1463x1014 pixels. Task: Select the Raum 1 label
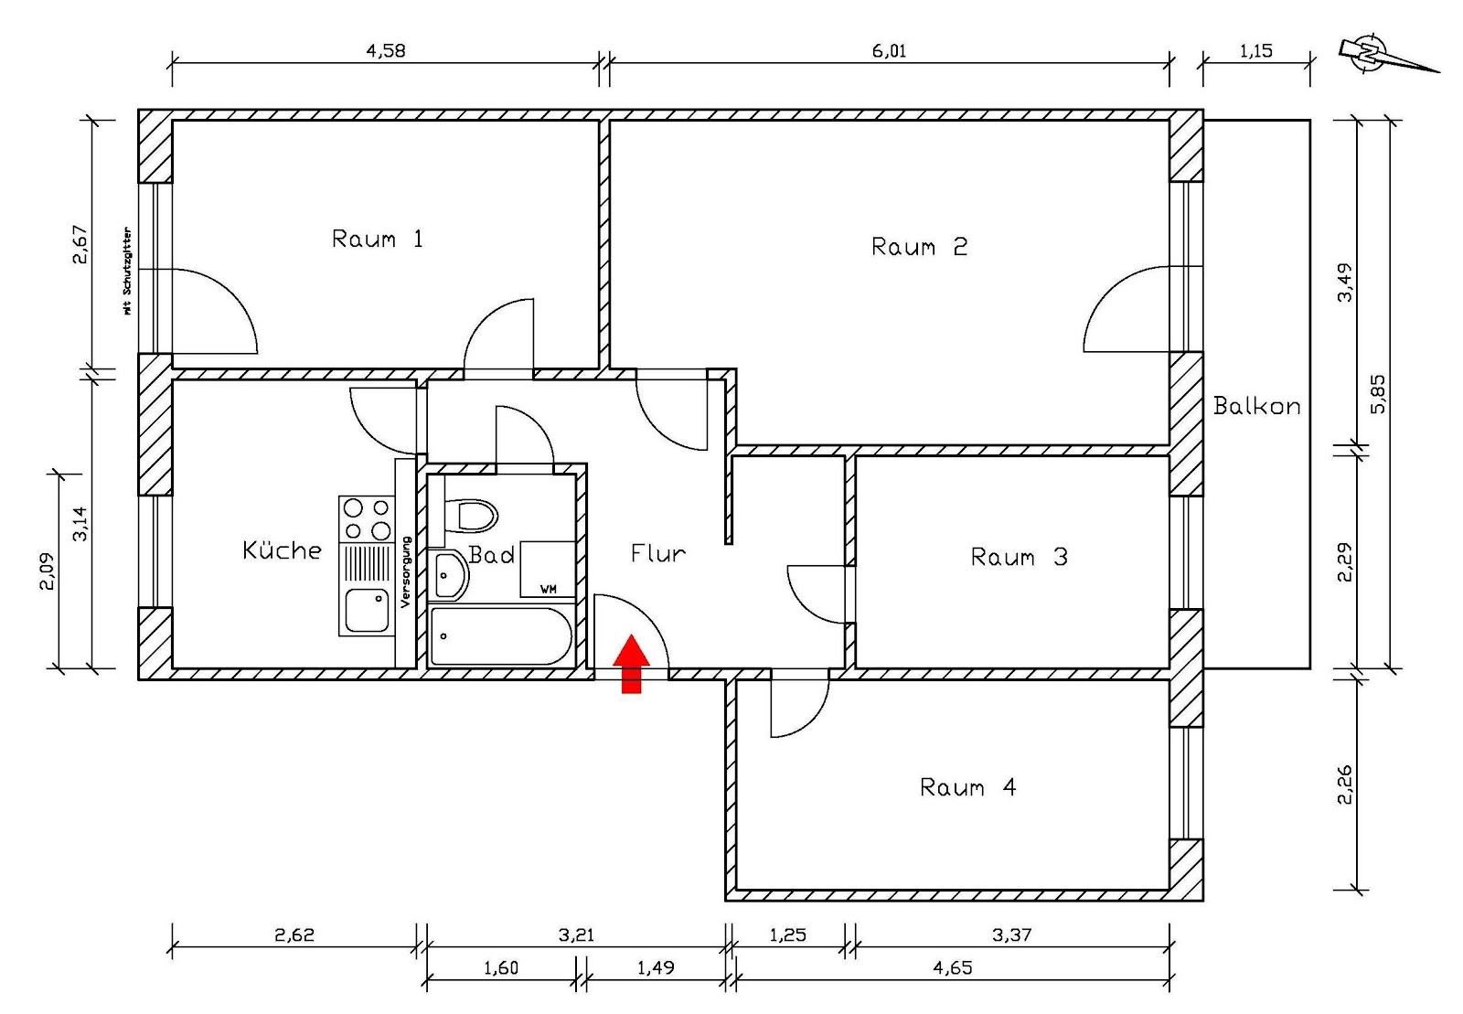coord(377,240)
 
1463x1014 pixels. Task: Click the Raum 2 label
coord(918,247)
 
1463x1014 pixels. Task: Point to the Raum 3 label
coord(1019,557)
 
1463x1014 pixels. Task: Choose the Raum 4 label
coord(967,787)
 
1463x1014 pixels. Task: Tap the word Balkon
coord(1256,407)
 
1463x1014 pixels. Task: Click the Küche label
coord(282,550)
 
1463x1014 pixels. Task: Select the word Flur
coord(657,553)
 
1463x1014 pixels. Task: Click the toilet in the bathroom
coord(472,516)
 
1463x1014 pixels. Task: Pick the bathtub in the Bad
coord(500,636)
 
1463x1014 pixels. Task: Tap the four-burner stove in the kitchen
coord(366,518)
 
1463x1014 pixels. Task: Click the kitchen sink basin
coord(366,611)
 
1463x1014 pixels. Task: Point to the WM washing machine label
coord(549,589)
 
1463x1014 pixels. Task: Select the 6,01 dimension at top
coord(889,51)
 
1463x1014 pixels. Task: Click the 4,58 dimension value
coord(385,51)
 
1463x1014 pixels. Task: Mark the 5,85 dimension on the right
coord(1378,393)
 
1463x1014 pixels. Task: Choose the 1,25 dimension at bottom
coord(787,934)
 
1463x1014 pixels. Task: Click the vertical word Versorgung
coord(406,571)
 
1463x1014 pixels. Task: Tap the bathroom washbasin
coord(449,575)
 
